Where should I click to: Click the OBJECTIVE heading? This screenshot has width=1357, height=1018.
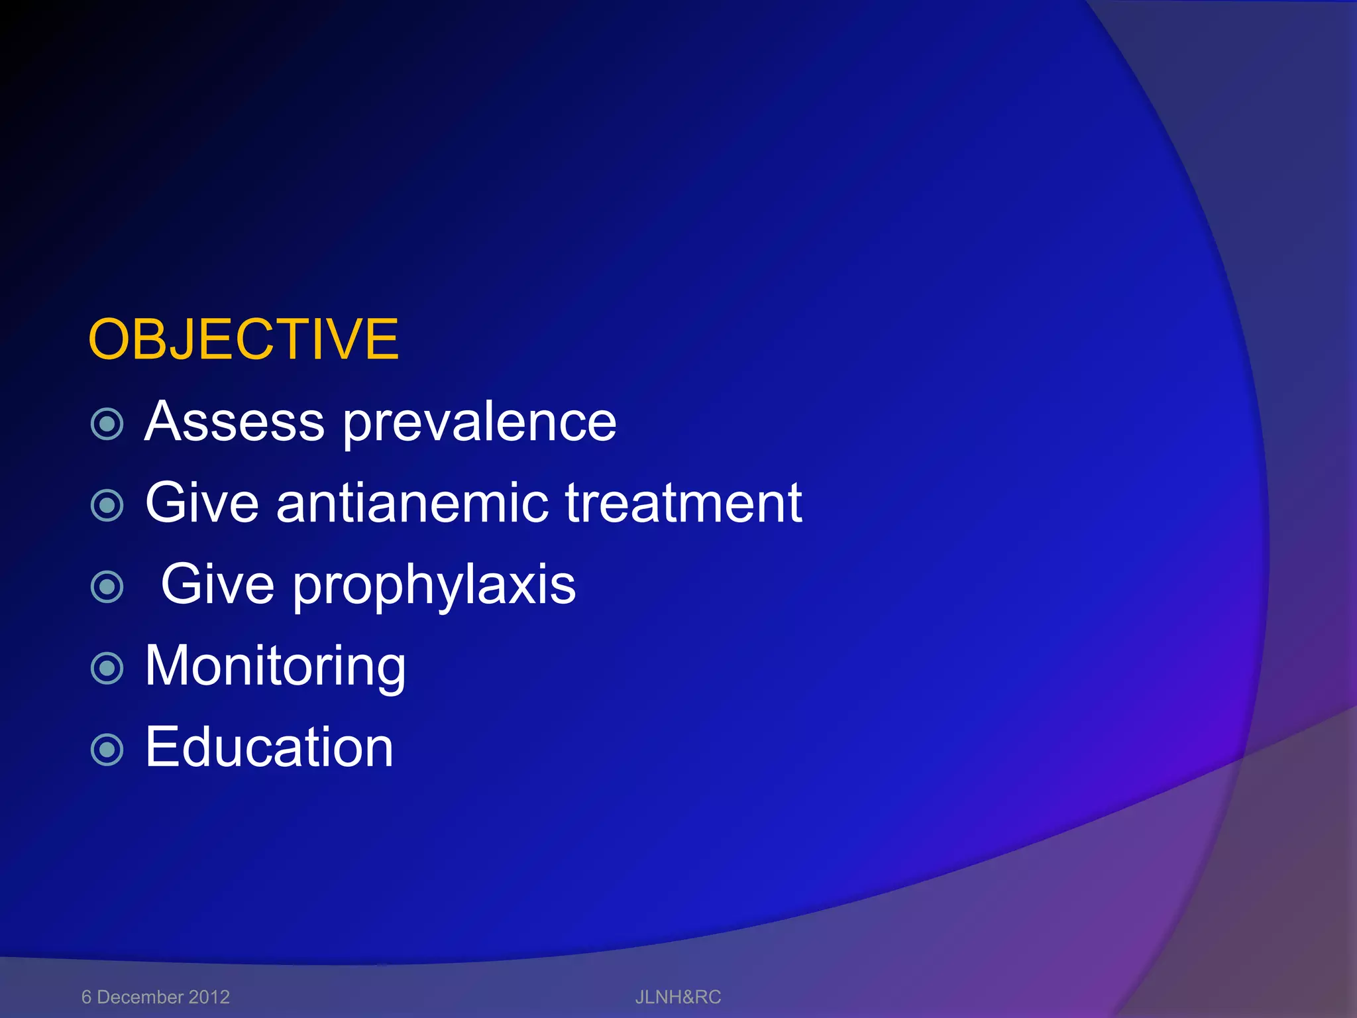coord(243,339)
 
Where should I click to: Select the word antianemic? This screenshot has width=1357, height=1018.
coord(412,503)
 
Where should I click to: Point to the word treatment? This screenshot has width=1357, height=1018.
coord(683,503)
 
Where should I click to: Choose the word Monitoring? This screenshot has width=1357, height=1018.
coord(275,667)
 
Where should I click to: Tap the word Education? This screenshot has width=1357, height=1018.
coord(269,748)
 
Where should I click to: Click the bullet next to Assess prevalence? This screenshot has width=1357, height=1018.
coord(107,424)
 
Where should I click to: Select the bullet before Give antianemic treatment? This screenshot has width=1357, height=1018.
coord(107,506)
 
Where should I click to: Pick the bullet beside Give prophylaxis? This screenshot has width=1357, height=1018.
coord(107,587)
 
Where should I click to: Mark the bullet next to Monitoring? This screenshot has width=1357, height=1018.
coord(107,668)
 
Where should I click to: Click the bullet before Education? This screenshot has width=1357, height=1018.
coord(107,750)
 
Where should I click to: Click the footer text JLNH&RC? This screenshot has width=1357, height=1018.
coord(678,997)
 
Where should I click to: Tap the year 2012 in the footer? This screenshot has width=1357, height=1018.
coord(209,997)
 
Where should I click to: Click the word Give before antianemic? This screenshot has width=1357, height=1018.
coord(201,503)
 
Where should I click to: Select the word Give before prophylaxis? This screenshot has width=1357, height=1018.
coord(217,585)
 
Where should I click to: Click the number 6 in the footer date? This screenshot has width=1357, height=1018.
coord(86,997)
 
